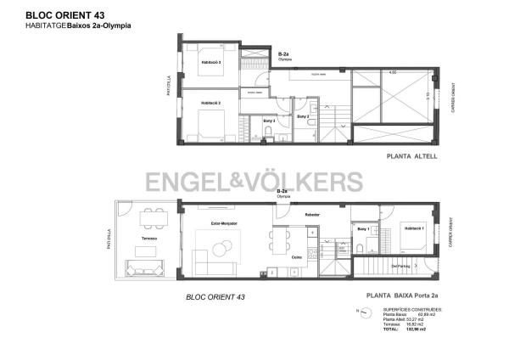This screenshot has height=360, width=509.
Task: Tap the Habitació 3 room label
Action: coord(211,63)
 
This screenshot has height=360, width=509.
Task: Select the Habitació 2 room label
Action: coord(211,102)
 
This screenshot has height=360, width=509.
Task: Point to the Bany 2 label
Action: coord(302,115)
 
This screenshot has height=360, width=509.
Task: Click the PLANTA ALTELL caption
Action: coord(411,157)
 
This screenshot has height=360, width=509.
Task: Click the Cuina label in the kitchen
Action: coord(297,257)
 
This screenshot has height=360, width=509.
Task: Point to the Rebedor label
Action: coord(311,215)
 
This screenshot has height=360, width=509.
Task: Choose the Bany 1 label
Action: coord(363,229)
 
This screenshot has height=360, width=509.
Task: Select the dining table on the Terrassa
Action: coord(153,218)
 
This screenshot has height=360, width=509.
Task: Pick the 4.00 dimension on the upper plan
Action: coord(393,72)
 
